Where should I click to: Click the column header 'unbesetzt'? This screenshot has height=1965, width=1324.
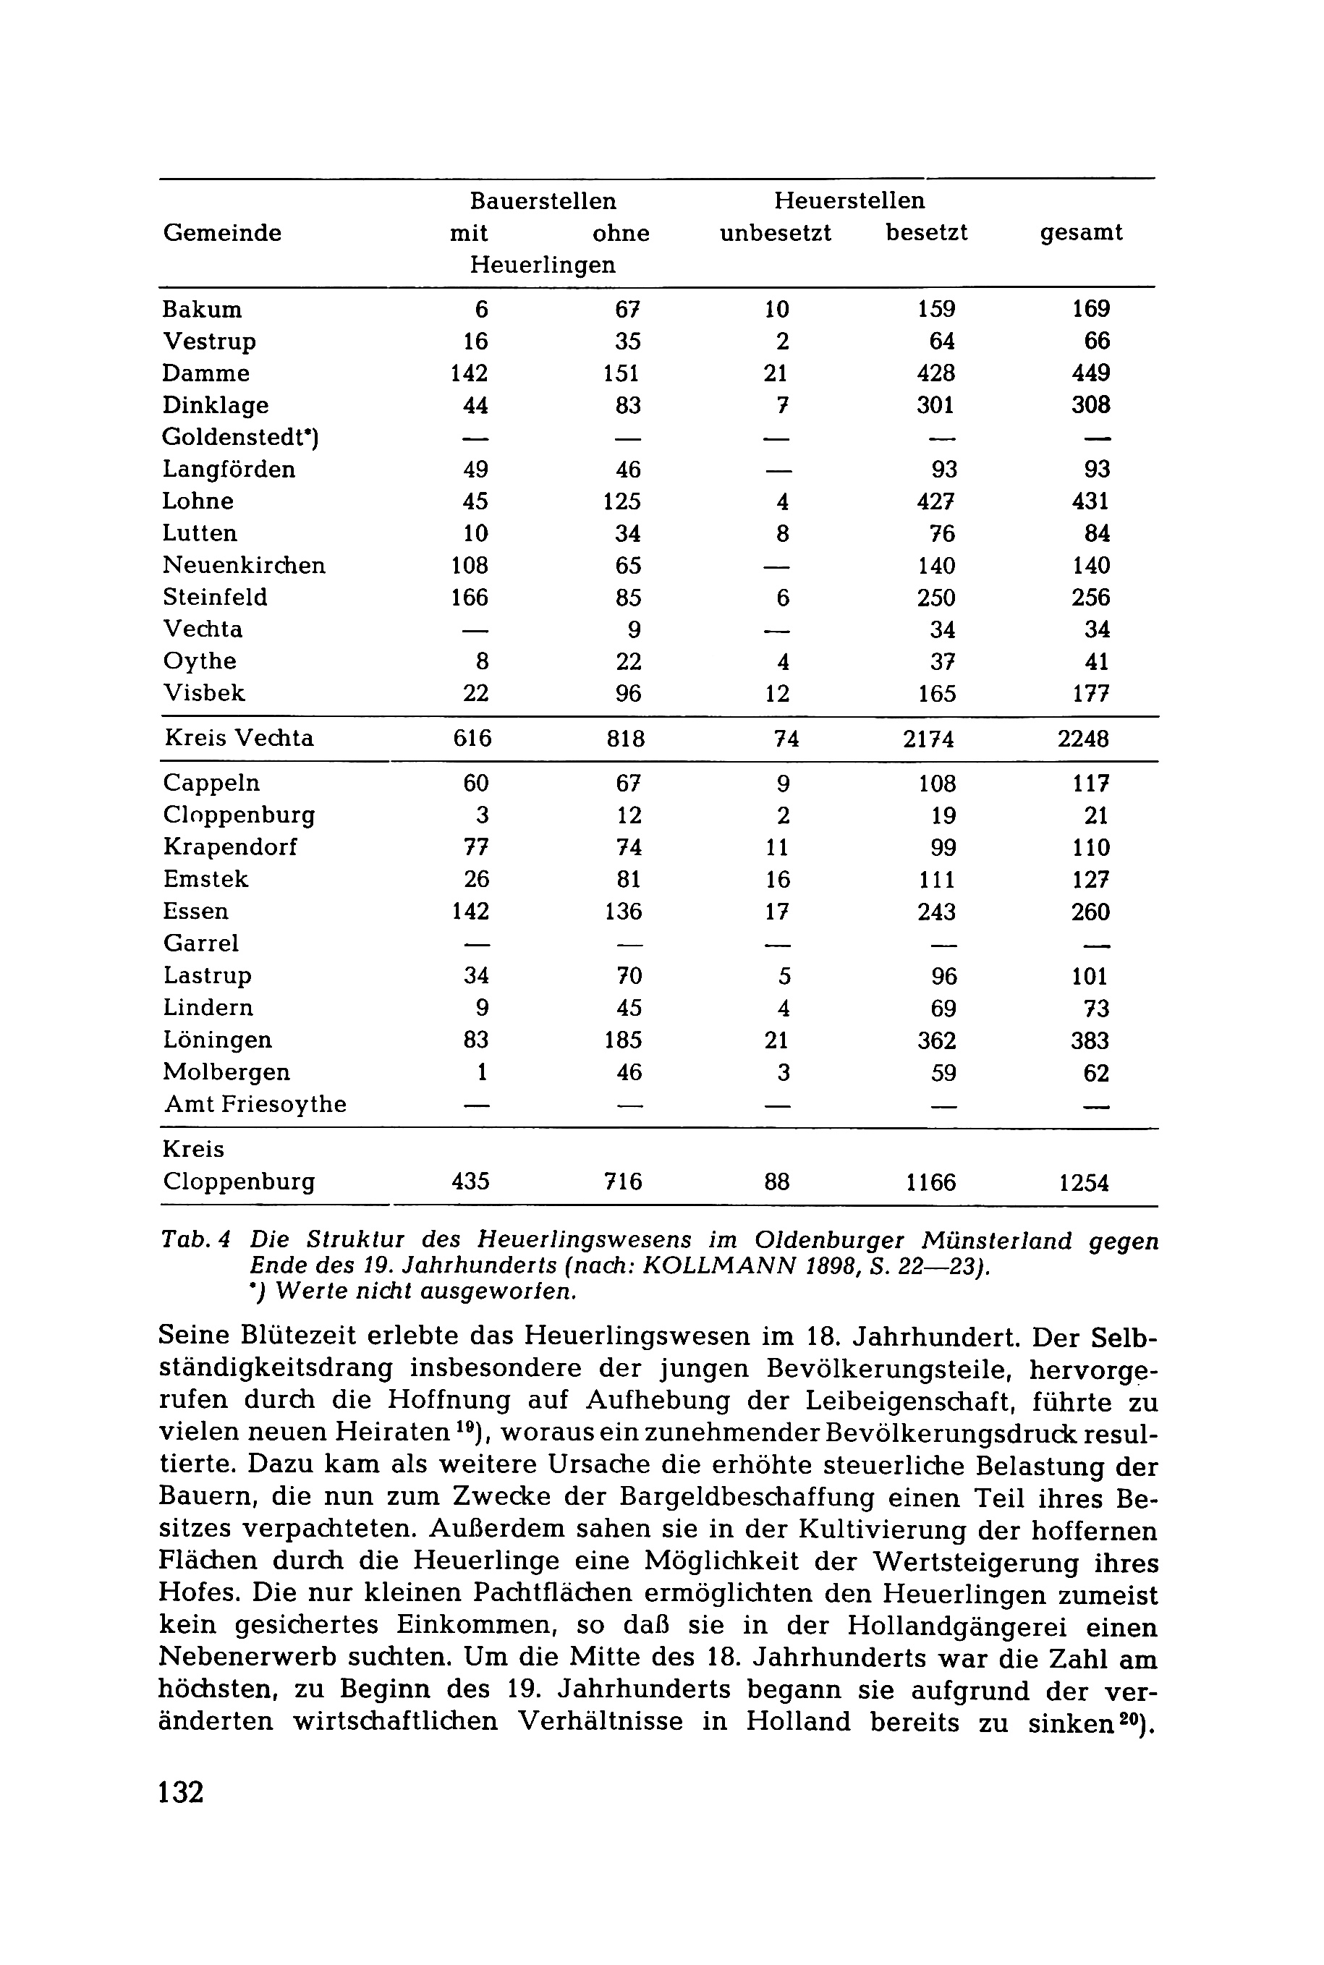(x=774, y=233)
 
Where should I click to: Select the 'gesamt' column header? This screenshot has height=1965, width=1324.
(x=1081, y=233)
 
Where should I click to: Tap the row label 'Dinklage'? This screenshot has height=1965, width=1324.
(x=216, y=405)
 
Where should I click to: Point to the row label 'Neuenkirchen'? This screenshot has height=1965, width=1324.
(x=244, y=565)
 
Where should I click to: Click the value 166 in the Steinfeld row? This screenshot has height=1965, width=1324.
(x=470, y=598)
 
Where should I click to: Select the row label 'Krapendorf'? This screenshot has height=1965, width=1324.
(x=231, y=847)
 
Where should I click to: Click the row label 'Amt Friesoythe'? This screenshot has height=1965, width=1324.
(x=255, y=1105)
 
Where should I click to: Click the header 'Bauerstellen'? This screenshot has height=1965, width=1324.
(x=543, y=201)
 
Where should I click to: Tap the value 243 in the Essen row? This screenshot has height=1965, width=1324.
(x=936, y=912)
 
